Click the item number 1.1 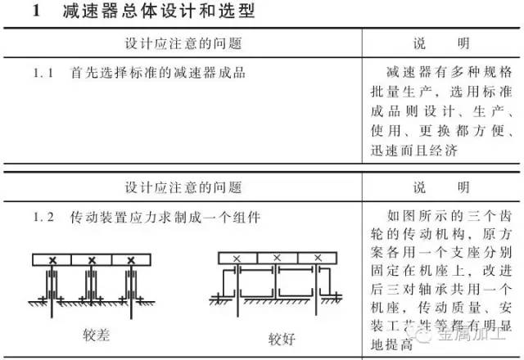pyautogui.click(x=43, y=73)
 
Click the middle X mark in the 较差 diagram pyautogui.click(x=91, y=260)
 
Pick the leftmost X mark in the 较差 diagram pyautogui.click(x=52, y=260)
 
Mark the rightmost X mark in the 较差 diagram pyautogui.click(x=129, y=260)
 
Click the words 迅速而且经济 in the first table pyautogui.click(x=423, y=151)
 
